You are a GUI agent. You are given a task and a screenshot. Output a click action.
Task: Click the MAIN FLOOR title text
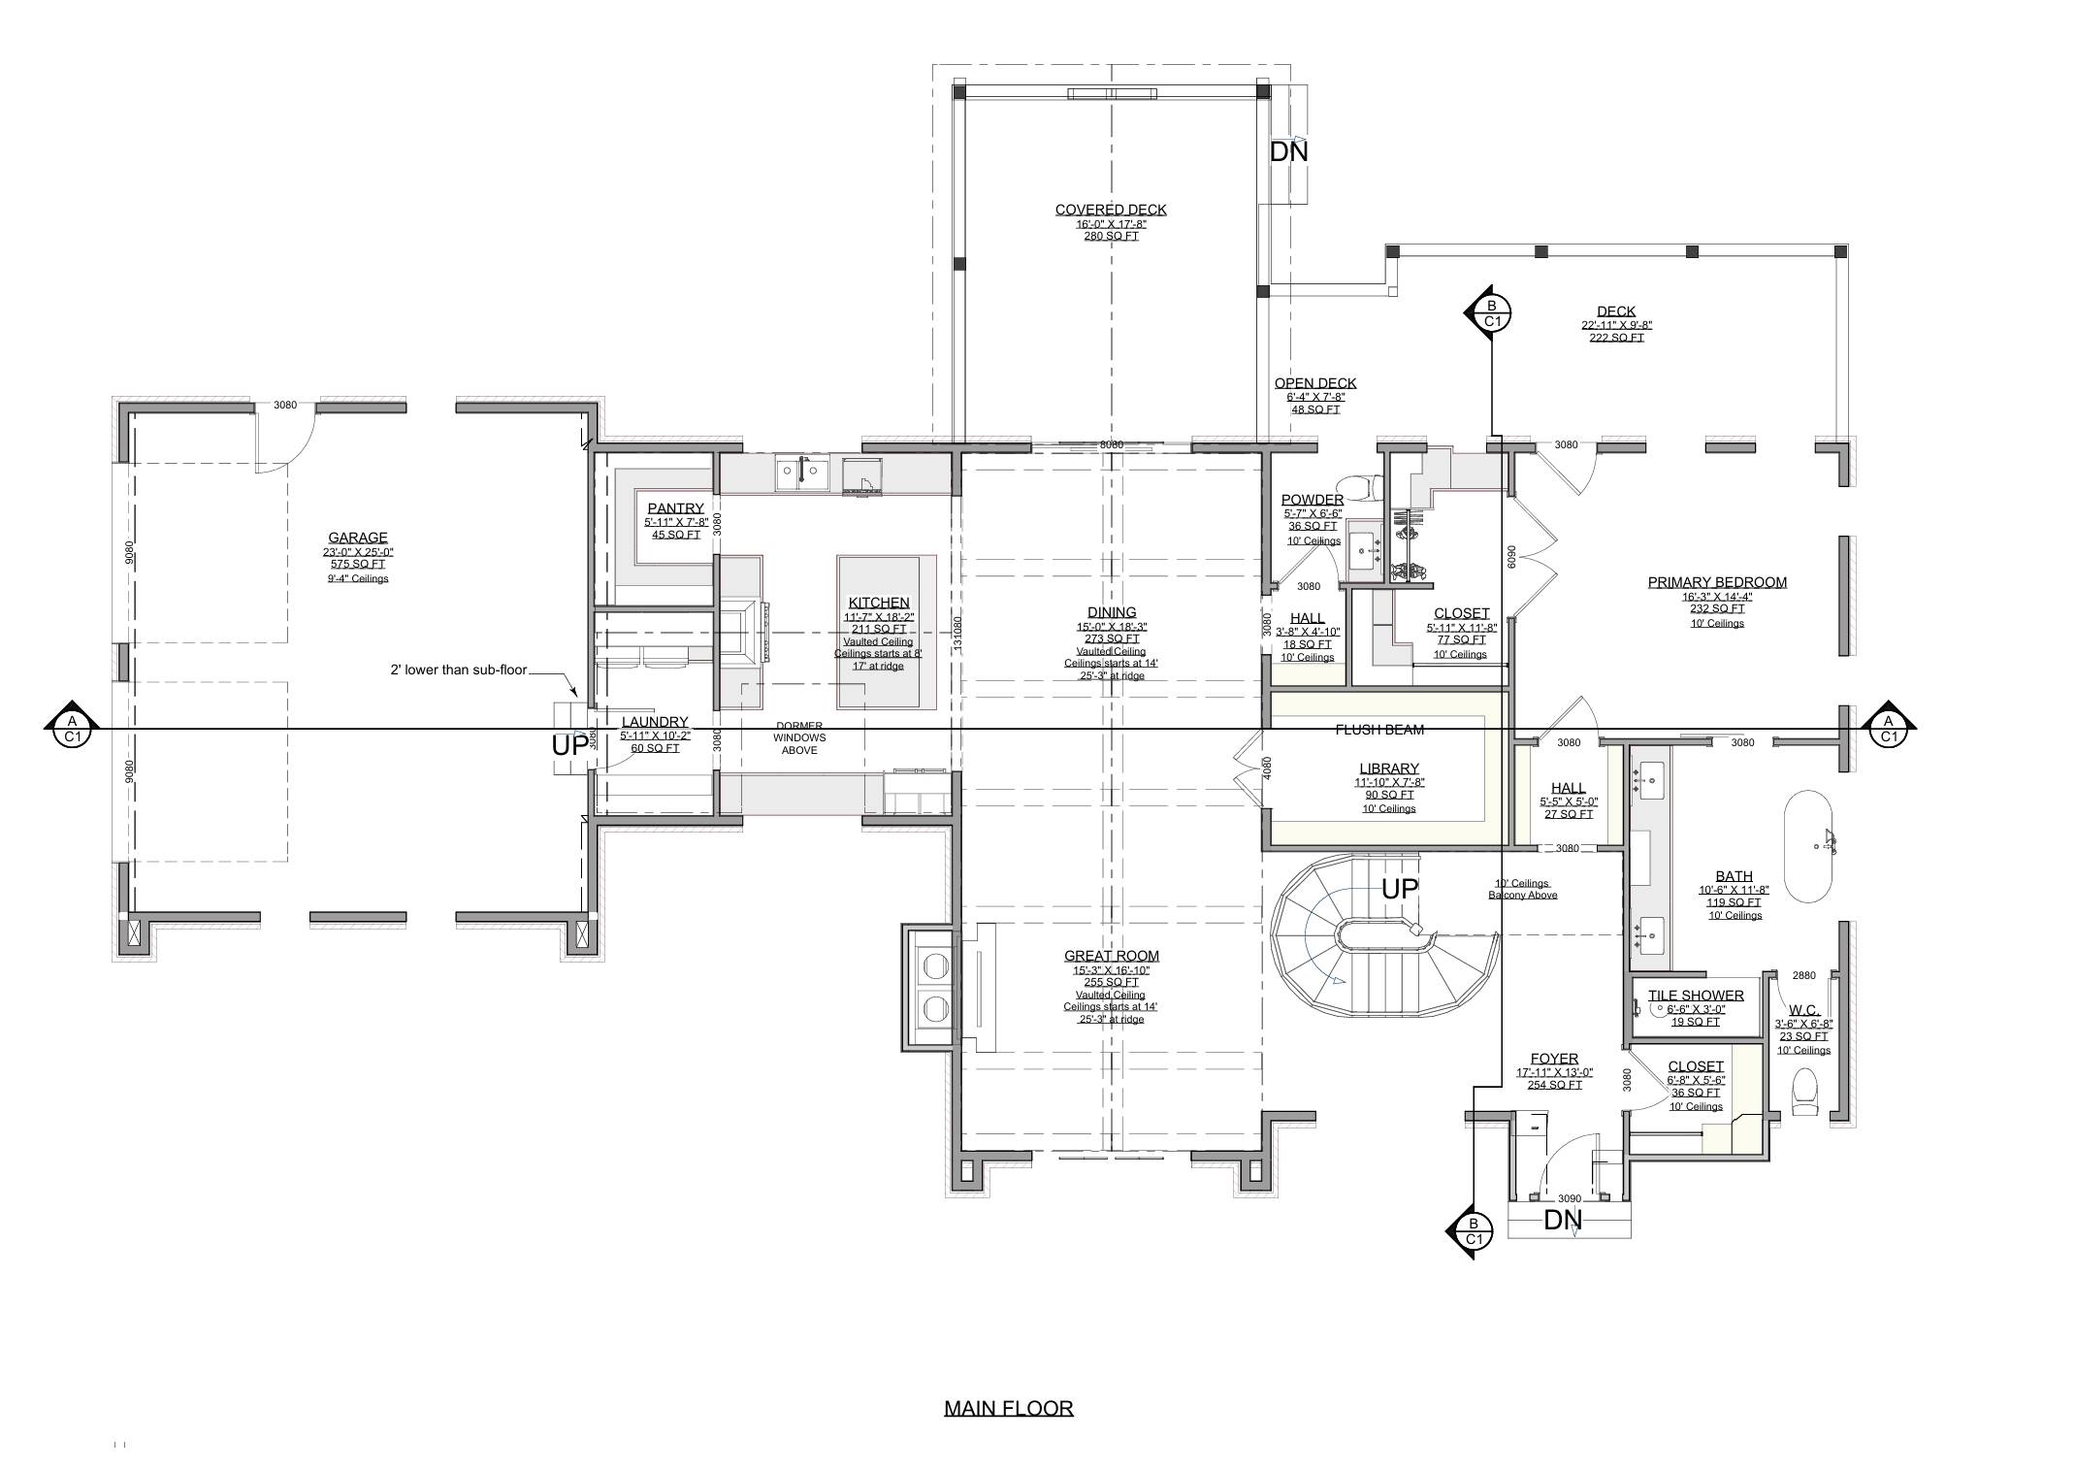pos(1008,1408)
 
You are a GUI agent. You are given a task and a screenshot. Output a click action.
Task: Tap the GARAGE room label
pos(357,538)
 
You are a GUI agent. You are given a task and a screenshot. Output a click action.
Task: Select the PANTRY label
pos(675,508)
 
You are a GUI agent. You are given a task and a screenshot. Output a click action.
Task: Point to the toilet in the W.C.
pos(1804,1093)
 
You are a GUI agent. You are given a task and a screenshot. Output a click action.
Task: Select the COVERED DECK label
pos(1111,210)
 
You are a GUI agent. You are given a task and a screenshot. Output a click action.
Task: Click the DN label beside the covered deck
pos(1288,152)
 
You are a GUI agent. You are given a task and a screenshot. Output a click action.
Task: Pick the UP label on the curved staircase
pos(1399,888)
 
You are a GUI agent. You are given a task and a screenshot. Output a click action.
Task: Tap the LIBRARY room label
pos(1389,768)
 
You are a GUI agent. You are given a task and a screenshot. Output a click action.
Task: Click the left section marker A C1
pos(72,729)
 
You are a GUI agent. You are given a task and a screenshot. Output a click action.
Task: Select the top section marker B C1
pos(1491,313)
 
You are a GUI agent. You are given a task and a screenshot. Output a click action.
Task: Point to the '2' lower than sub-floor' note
pos(458,670)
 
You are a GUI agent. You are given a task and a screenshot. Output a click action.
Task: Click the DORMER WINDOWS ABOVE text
pos(799,737)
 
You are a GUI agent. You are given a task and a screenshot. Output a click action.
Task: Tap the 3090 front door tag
pos(1569,1199)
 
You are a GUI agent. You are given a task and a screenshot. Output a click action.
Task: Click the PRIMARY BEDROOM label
pos(1717,582)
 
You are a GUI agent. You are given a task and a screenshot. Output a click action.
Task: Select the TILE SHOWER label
pos(1696,996)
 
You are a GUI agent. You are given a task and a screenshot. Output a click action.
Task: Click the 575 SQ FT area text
pos(357,564)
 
